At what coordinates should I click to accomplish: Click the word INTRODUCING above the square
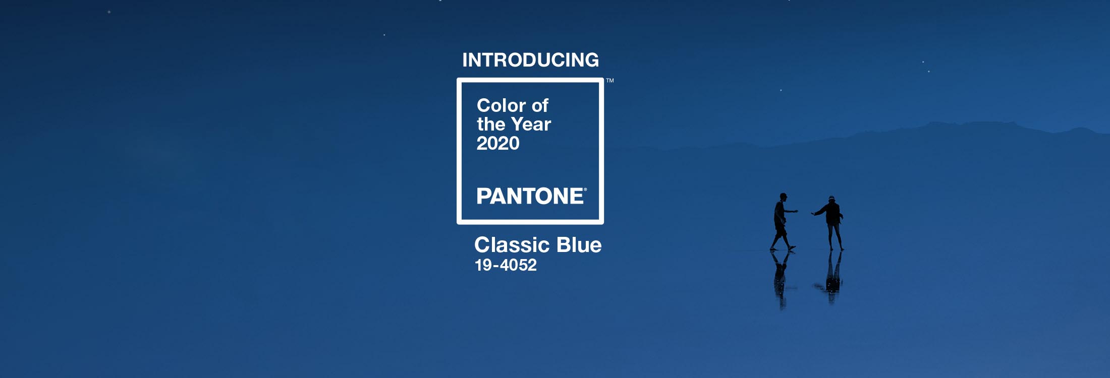(x=531, y=60)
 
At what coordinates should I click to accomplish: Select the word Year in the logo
(x=531, y=124)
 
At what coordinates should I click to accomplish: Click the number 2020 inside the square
(x=498, y=143)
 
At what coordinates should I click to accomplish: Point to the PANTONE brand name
(x=530, y=196)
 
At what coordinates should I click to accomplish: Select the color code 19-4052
(x=506, y=265)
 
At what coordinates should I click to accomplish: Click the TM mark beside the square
(x=610, y=81)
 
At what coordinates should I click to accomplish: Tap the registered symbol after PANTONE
(x=585, y=190)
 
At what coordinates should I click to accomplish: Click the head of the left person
(x=783, y=196)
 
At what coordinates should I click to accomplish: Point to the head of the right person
(x=831, y=199)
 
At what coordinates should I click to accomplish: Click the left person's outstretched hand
(x=796, y=211)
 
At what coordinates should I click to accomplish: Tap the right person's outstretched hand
(x=813, y=214)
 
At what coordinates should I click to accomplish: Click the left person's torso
(x=780, y=214)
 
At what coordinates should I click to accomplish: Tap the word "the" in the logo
(x=491, y=124)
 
